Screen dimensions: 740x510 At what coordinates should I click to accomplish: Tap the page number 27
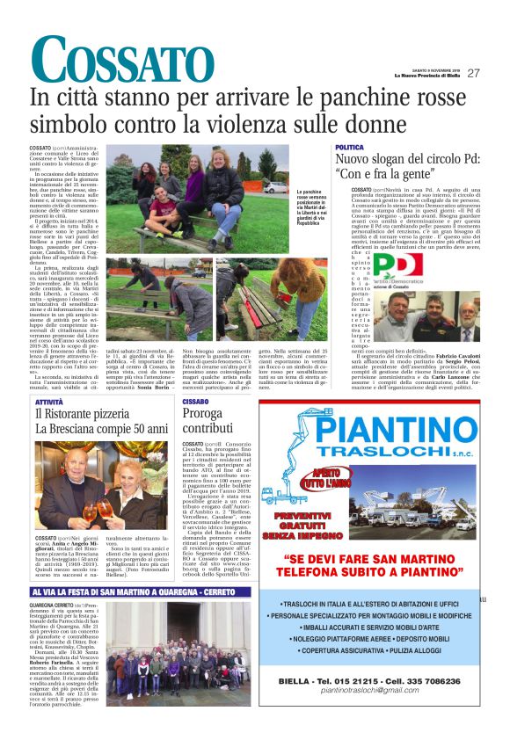(x=473, y=74)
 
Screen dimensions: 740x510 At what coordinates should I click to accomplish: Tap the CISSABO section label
(x=195, y=401)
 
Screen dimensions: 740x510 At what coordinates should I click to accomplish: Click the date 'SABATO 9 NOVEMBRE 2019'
(x=434, y=69)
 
